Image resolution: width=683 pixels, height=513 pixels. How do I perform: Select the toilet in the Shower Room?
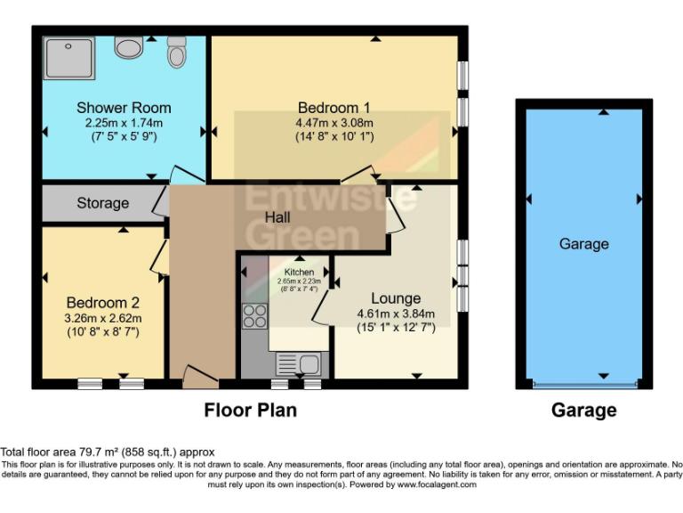point(176,53)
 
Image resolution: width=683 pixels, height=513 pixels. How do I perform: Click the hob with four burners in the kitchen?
point(254,315)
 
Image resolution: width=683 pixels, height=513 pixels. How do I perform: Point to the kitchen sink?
point(299,364)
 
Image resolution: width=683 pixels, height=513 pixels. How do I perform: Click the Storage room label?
point(102,203)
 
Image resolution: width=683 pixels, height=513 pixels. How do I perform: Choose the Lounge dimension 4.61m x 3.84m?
point(396,313)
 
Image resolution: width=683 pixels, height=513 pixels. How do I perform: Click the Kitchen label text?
point(299,272)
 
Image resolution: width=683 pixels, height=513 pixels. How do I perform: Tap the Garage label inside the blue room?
point(583,244)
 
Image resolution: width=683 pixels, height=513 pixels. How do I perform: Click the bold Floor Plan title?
point(251,411)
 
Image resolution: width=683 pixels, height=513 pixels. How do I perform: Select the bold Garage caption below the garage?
point(583,411)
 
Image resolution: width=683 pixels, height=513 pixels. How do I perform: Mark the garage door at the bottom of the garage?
point(583,385)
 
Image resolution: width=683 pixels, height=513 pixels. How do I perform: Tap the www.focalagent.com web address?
point(437,485)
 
